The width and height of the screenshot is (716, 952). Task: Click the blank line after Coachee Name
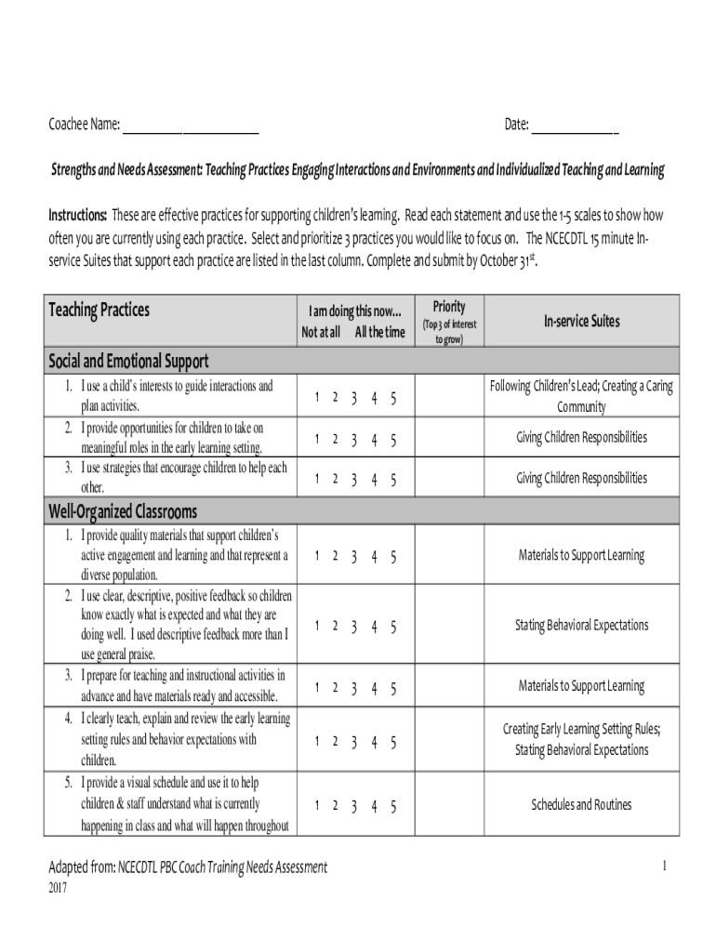pos(191,126)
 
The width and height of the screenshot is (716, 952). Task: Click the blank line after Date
pos(574,126)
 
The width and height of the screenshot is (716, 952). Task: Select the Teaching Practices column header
pos(99,311)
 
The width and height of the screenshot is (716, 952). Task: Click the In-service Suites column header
pos(581,321)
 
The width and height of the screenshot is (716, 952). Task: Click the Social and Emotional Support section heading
pos(128,361)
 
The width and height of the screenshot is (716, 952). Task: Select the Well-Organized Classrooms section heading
pos(123,511)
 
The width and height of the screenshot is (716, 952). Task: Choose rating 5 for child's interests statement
pos(393,398)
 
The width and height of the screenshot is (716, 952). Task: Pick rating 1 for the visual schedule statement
pos(316,805)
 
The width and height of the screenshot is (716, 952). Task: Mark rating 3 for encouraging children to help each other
pos(354,479)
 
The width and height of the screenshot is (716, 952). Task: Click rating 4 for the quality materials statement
pos(374,556)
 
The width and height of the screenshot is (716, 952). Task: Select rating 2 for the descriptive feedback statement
pos(335,626)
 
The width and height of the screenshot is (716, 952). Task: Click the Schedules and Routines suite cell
pos(581,804)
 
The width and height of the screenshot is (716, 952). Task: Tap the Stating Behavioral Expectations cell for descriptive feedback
pos(581,625)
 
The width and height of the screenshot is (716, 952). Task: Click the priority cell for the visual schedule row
pos(449,804)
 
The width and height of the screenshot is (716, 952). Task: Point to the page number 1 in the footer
pos(665,866)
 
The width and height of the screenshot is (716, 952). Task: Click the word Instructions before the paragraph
pos(78,216)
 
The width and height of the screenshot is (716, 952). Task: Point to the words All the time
pos(379,332)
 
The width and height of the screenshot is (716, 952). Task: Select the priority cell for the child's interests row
pos(449,398)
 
